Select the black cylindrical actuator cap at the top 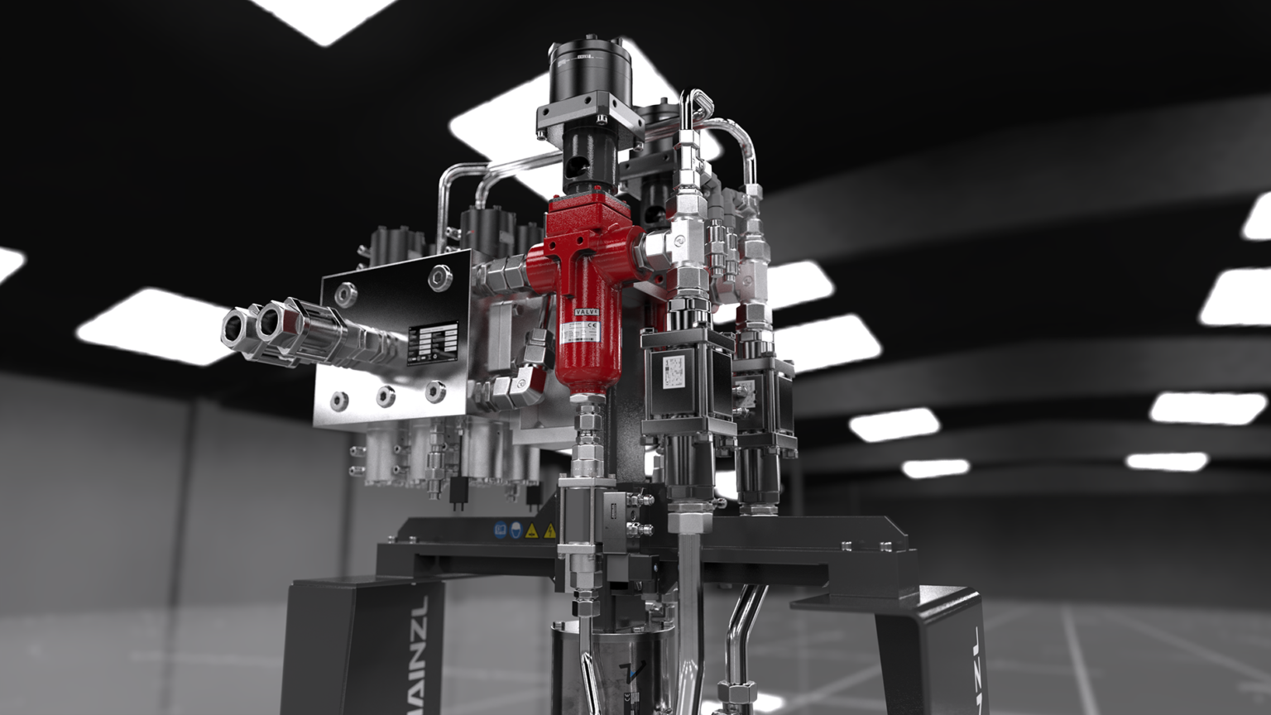coord(588,65)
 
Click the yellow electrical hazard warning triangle coord(549,530)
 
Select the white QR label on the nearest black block coord(674,370)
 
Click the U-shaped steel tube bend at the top coord(693,104)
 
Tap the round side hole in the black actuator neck coord(572,173)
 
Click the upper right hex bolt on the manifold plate coord(439,277)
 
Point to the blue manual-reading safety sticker coord(500,530)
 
